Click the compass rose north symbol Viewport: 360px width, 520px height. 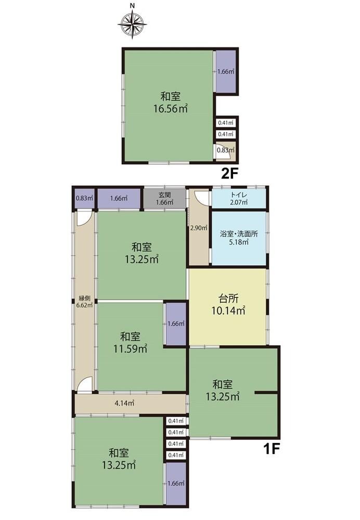click(132, 24)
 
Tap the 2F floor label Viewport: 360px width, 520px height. click(230, 173)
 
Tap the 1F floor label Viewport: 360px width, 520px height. click(272, 449)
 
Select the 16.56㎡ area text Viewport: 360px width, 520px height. click(171, 109)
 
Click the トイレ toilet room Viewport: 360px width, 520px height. click(239, 199)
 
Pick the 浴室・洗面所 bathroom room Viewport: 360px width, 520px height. click(239, 238)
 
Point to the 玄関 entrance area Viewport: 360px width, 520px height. click(164, 199)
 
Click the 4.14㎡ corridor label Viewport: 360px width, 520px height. click(124, 404)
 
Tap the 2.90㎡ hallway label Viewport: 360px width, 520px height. click(198, 228)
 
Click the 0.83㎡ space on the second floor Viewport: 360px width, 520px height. click(226, 150)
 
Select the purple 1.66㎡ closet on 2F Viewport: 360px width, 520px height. click(226, 71)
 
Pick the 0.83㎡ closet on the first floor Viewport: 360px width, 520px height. click(84, 199)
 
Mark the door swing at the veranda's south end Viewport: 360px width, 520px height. click(84, 385)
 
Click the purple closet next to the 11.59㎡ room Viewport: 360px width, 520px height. click(176, 323)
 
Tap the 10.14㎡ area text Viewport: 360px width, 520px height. click(228, 311)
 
